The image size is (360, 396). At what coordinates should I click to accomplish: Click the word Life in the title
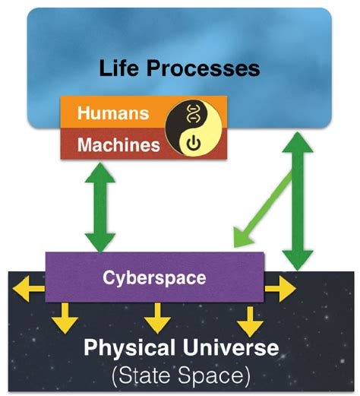(x=123, y=68)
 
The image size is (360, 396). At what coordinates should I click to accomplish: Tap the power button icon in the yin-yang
(x=191, y=142)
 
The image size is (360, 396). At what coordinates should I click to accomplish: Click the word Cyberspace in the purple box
(x=154, y=277)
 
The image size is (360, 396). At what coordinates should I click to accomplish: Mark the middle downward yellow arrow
(x=156, y=317)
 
